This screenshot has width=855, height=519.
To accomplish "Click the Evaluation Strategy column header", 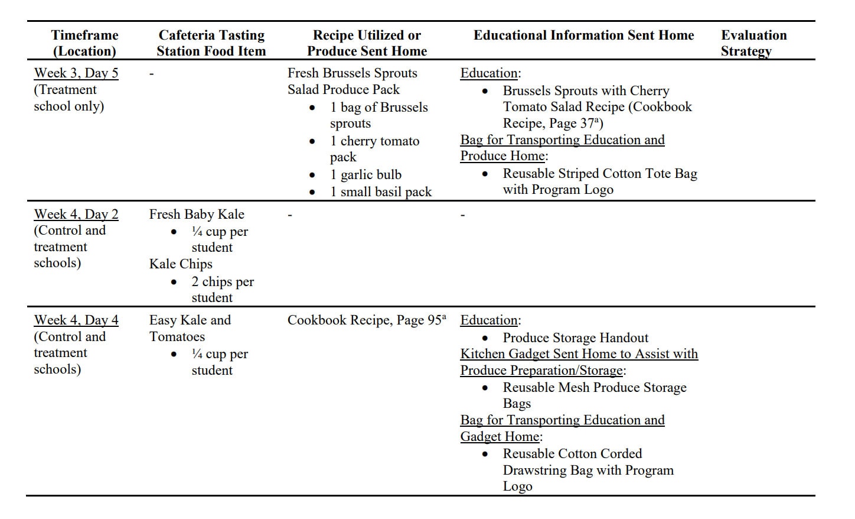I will [x=753, y=43].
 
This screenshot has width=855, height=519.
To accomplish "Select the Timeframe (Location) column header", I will [x=84, y=43].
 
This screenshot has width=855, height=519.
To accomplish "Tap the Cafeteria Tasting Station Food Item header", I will [x=211, y=43].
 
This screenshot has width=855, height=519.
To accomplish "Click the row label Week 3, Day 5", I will [x=76, y=73].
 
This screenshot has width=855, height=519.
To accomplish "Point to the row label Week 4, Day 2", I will [x=76, y=214].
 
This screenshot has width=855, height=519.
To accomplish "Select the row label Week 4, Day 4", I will [x=76, y=320].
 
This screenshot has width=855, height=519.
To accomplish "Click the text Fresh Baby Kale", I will [x=197, y=214].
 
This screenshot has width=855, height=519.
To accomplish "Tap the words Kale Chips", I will [x=181, y=264].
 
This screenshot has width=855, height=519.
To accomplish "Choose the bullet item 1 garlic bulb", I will [x=366, y=174].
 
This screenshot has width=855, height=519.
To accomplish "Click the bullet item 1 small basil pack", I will [x=381, y=192].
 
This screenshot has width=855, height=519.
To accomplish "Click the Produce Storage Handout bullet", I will [x=575, y=338].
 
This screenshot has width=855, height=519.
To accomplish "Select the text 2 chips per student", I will [x=222, y=290].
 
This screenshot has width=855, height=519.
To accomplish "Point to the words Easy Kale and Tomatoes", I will [x=190, y=328].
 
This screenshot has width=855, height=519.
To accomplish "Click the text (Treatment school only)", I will [x=68, y=98].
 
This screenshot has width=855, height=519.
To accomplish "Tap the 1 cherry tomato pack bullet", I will [x=374, y=149].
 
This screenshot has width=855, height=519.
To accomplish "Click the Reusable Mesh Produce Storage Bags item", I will [x=594, y=395].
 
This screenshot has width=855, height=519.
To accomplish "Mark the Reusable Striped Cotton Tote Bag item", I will [x=599, y=181].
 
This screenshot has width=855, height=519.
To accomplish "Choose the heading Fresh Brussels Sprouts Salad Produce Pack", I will [x=352, y=81].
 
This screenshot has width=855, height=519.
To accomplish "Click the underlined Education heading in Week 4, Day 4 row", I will [x=489, y=320].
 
